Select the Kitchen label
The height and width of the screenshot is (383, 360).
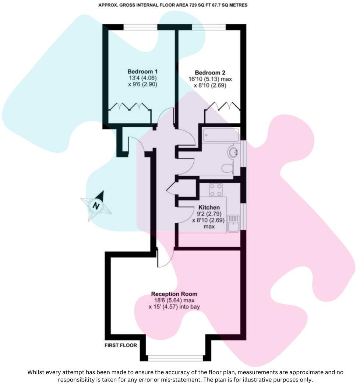[209, 208]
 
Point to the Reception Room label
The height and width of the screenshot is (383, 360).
[174, 294]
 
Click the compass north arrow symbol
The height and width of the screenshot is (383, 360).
[96, 205]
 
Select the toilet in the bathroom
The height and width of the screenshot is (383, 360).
[227, 168]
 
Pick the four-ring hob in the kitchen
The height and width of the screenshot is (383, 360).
[216, 190]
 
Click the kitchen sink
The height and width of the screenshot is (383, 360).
[233, 223]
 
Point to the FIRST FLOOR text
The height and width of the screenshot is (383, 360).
[121, 345]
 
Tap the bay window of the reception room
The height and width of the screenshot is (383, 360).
[175, 357]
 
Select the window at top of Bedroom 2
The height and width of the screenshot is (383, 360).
[209, 27]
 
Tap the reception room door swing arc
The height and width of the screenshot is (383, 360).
[166, 258]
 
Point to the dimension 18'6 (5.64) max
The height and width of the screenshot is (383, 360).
[174, 300]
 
